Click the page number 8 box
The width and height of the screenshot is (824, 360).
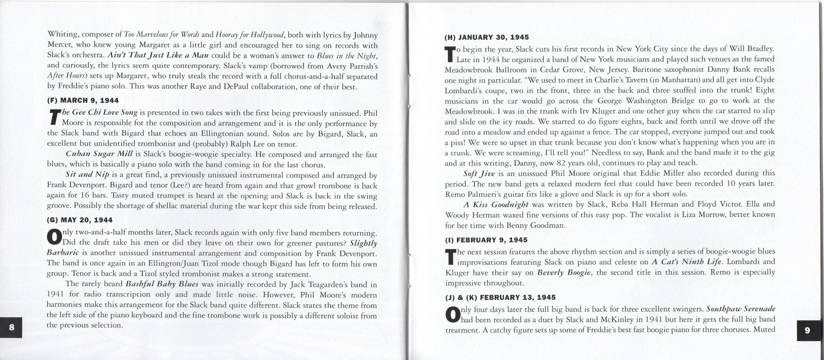click(x=12, y=327)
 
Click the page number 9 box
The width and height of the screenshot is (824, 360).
click(x=807, y=330)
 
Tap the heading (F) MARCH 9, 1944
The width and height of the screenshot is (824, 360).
click(x=83, y=101)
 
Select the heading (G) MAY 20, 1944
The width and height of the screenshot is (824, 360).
click(x=80, y=220)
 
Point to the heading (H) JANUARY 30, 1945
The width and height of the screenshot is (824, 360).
click(x=487, y=38)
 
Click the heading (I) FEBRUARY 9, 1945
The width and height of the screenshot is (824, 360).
click(x=486, y=240)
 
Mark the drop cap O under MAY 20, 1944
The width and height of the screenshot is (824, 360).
click(x=54, y=237)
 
